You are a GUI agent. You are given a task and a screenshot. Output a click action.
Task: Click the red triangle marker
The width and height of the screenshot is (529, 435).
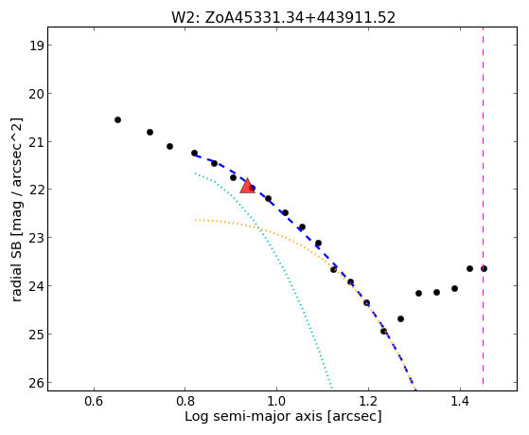pos(247,187)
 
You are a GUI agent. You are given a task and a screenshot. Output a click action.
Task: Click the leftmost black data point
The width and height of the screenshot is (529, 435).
pos(117,120)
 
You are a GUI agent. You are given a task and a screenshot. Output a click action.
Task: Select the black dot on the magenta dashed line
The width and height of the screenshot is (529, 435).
pos(484,269)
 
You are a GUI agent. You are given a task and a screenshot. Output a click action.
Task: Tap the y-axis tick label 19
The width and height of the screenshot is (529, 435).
pos(36,45)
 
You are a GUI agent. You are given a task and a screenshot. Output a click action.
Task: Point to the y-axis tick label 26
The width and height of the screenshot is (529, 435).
pos(36,383)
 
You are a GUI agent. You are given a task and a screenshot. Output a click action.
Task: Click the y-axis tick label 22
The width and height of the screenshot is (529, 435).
pos(36,190)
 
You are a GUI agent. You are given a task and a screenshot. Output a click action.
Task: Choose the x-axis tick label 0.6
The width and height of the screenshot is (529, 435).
pos(94,402)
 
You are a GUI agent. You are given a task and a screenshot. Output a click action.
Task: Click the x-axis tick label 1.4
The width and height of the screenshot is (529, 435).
pos(460,402)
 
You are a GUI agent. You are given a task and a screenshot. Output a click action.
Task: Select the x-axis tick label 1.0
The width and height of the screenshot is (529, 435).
pos(276,402)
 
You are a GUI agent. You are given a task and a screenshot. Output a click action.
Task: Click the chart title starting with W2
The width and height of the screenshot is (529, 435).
pos(283,18)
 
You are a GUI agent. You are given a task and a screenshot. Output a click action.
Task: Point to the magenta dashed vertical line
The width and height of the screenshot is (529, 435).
pos(484,206)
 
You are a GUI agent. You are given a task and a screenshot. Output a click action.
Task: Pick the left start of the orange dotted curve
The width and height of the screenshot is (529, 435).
pos(195,220)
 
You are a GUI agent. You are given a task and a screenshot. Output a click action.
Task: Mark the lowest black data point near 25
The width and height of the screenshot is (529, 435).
pos(383,332)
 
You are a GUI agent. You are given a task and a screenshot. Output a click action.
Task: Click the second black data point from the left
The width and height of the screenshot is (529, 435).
pos(150,132)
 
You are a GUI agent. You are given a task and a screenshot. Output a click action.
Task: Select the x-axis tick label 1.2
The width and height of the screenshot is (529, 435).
pos(368,402)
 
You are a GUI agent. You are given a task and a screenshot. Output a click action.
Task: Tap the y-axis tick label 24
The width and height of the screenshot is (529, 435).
pos(36,286)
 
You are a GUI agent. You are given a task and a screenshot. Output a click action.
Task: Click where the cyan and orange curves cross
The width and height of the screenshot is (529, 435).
pos(259,228)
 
